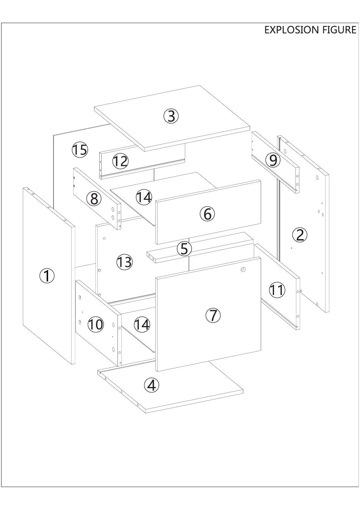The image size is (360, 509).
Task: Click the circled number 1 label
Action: (47, 276)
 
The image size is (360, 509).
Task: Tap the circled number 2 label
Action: (300, 235)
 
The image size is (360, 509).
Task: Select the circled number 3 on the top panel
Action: (171, 116)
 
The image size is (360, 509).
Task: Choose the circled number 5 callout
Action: (184, 248)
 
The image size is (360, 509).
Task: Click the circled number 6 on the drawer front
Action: (207, 214)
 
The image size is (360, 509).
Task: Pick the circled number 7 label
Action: (213, 315)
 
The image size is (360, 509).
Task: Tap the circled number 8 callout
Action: (94, 198)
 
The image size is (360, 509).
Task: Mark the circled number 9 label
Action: (273, 160)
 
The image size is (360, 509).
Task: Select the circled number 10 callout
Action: (95, 324)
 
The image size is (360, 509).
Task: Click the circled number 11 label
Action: (277, 290)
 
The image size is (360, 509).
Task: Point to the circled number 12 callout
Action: (120, 161)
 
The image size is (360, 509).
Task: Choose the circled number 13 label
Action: (124, 262)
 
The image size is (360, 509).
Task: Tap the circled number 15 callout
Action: (80, 150)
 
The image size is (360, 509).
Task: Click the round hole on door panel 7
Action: (243, 269)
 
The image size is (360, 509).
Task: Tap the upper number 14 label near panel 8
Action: (144, 197)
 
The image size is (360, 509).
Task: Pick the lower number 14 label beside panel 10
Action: (142, 324)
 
